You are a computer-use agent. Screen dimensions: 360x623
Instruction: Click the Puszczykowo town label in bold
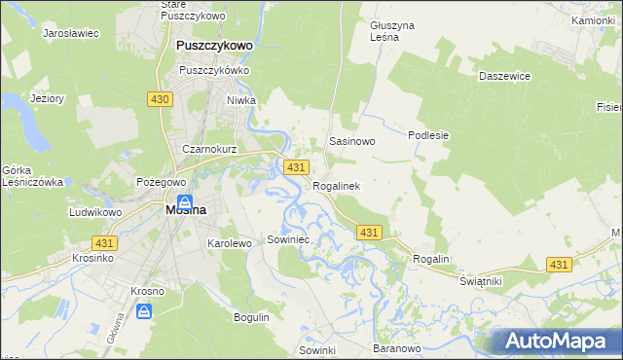click(214, 45)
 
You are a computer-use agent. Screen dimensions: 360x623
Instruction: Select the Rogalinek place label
click(337, 185)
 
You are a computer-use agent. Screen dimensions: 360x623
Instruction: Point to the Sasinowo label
click(351, 141)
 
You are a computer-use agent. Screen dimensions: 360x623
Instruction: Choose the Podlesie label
click(428, 135)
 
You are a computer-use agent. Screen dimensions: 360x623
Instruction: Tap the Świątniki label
click(480, 280)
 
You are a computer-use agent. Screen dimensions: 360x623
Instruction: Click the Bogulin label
click(251, 317)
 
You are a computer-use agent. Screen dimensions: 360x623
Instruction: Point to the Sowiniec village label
click(287, 238)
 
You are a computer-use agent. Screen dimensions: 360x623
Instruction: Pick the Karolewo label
click(230, 243)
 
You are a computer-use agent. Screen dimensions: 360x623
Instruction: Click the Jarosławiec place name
click(71, 32)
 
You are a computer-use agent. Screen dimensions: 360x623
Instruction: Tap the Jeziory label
click(47, 98)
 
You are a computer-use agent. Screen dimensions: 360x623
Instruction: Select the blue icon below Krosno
click(144, 311)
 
